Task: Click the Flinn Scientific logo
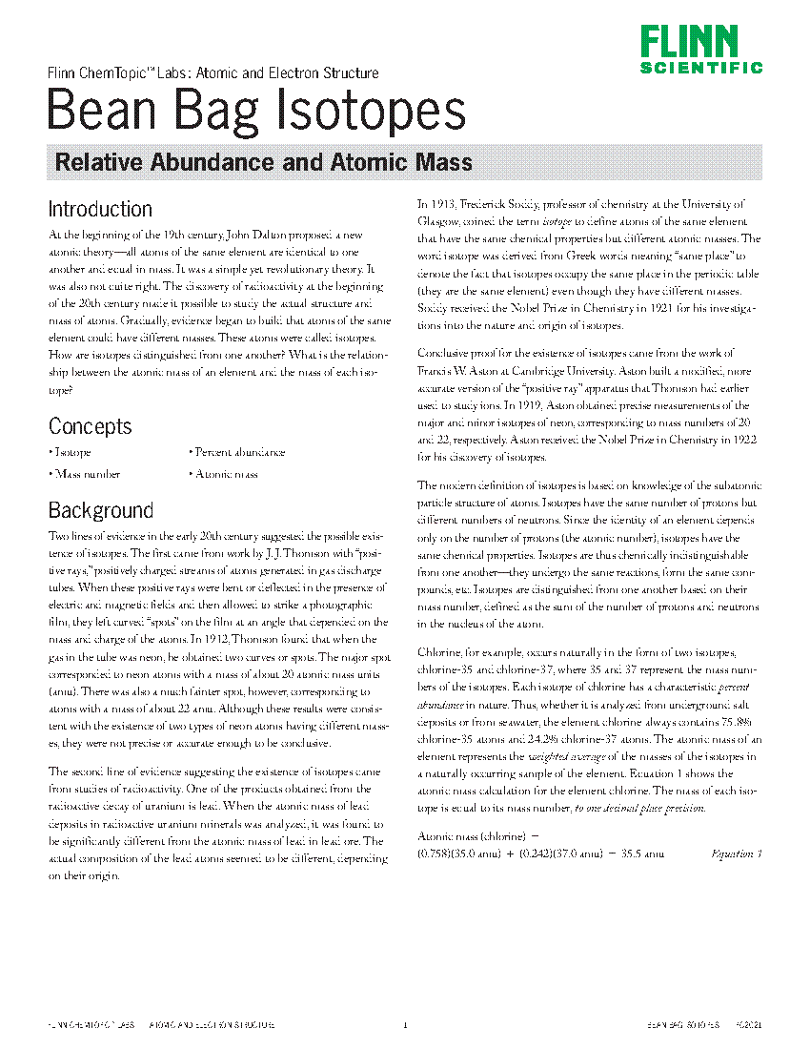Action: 700,51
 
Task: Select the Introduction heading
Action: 100,209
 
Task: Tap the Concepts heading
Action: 90,425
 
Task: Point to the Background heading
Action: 100,510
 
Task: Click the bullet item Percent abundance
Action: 238,453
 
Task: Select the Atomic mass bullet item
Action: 225,474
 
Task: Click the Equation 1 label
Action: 736,854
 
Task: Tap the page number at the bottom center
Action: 405,1025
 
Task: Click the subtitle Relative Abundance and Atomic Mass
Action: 264,162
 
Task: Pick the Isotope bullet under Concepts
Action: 71,453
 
